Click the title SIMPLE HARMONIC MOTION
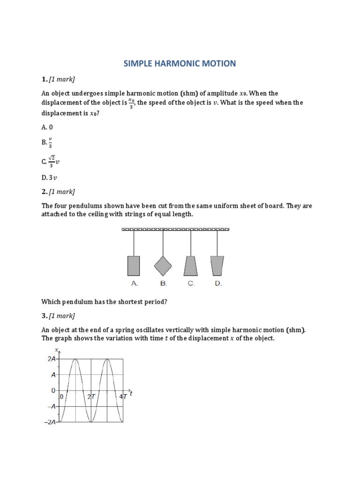pos(180,63)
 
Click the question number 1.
pos(44,79)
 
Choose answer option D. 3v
pos(49,178)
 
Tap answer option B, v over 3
pos(47,142)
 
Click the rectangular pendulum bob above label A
pos(134,265)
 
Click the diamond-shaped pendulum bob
pos(163,265)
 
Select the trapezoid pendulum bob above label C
pos(190,265)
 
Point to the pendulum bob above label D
pos(217,265)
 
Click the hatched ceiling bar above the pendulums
pos(176,229)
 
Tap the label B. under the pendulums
pos(163,284)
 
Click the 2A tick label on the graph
pos(52,359)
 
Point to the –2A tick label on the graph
pos(51,422)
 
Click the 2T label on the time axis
pos(91,397)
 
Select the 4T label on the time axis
pos(123,397)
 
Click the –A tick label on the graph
pos(52,406)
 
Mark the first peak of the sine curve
pos(75,359)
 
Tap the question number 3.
pos(44,315)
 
